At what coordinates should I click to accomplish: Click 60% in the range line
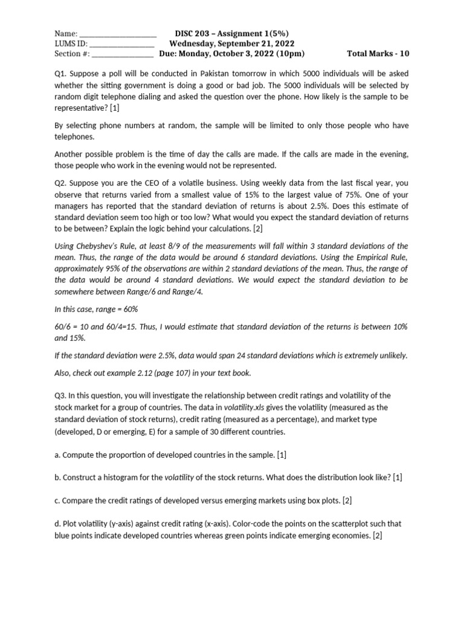pyautogui.click(x=130, y=309)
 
